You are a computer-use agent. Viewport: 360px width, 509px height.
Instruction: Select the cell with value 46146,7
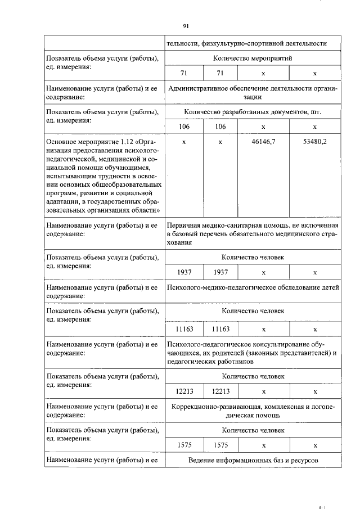click(x=263, y=142)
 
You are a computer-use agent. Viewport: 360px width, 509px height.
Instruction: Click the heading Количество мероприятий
click(x=253, y=58)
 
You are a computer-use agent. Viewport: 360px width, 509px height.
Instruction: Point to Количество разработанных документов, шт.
click(x=253, y=112)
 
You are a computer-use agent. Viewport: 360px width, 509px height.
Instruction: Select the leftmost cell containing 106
click(x=184, y=127)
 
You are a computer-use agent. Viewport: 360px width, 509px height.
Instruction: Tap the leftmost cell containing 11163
click(x=184, y=329)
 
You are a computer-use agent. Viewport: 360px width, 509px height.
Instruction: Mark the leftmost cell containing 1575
click(x=184, y=445)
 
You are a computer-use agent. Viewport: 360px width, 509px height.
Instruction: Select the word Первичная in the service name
click(x=183, y=226)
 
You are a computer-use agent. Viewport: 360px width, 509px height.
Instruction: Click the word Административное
click(x=199, y=88)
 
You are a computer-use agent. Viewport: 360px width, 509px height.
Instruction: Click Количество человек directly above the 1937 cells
click(x=253, y=257)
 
